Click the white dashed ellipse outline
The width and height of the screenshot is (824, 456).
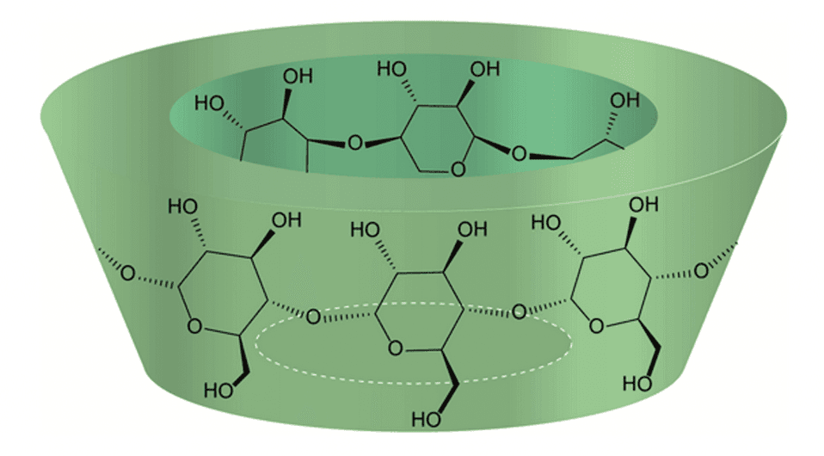click(414, 342)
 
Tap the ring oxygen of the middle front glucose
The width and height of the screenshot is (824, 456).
click(395, 348)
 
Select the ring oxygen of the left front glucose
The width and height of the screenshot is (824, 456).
click(194, 327)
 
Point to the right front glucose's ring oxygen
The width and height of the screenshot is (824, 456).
click(596, 326)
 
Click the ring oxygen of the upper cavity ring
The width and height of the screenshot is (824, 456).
click(458, 169)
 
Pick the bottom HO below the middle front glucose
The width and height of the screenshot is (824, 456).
click(426, 420)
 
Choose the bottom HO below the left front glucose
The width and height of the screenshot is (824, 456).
click(218, 391)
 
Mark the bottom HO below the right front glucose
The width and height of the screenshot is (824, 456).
click(637, 384)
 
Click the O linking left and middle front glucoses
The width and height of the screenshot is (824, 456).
click(314, 317)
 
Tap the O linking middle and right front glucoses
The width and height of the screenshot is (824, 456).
click(520, 311)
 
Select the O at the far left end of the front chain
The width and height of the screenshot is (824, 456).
click(127, 273)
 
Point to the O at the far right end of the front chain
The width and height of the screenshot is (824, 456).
click(701, 271)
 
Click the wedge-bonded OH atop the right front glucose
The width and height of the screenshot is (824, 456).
click(643, 204)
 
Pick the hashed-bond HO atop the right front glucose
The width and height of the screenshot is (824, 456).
click(546, 223)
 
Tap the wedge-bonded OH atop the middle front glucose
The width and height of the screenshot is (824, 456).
click(472, 230)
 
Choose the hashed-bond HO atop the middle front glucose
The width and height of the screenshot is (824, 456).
click(366, 230)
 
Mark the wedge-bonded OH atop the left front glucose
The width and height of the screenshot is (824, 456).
click(286, 219)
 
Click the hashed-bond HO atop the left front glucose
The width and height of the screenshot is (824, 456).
click(183, 206)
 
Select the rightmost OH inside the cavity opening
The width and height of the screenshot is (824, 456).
click(624, 100)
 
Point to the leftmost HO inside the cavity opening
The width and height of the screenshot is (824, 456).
click(210, 103)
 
